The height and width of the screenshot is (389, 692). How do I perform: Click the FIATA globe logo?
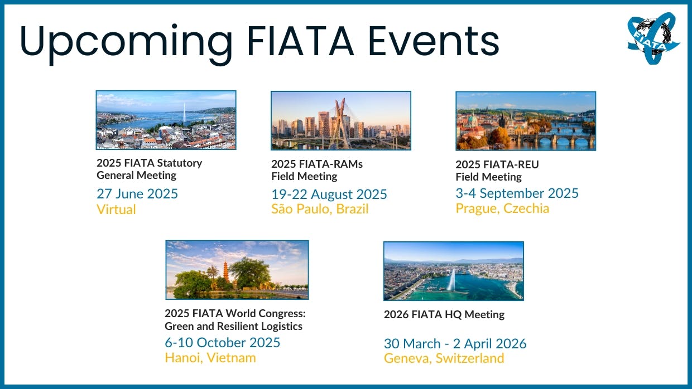click(653, 38)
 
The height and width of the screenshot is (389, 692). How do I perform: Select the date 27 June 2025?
click(137, 194)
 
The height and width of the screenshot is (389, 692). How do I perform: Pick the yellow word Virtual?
click(116, 209)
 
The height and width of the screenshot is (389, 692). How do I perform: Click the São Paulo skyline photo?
click(341, 120)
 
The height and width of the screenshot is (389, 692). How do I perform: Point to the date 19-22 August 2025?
click(329, 194)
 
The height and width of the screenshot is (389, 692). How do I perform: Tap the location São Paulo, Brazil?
click(320, 209)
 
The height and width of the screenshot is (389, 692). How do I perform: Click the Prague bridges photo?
click(526, 121)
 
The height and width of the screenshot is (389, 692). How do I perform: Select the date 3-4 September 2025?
click(517, 193)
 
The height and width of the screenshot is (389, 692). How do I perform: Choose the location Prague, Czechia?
click(502, 208)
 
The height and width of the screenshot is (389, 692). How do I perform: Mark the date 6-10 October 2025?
click(222, 342)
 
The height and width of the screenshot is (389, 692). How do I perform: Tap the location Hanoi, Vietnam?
click(210, 358)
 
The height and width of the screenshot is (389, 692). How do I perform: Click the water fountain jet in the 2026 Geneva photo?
click(451, 279)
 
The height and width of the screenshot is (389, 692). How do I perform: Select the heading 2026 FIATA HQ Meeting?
click(444, 314)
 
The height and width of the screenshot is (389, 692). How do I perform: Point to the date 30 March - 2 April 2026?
click(455, 344)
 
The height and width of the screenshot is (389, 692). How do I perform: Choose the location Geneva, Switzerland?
click(444, 358)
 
